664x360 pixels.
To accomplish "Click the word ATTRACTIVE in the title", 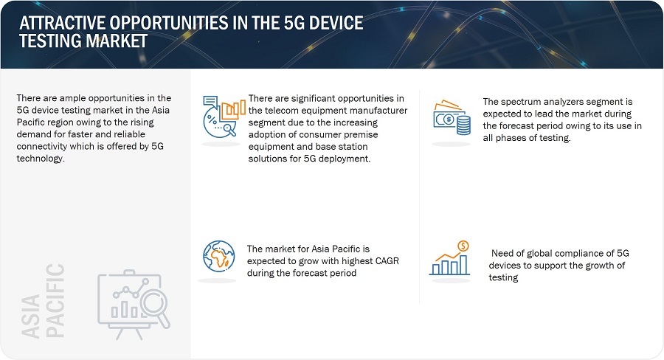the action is [x=61, y=23].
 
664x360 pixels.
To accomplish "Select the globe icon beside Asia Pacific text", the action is [x=218, y=256].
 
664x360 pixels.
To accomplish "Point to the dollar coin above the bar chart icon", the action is [x=463, y=246].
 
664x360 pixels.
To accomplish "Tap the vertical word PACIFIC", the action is [x=55, y=300].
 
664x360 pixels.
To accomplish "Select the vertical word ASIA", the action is [x=30, y=316].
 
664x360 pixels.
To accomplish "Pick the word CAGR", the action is [x=387, y=261].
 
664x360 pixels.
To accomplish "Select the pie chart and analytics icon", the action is [x=224, y=116].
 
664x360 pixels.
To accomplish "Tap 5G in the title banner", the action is [x=294, y=23].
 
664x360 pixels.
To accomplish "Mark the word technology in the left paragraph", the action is [x=41, y=159].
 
